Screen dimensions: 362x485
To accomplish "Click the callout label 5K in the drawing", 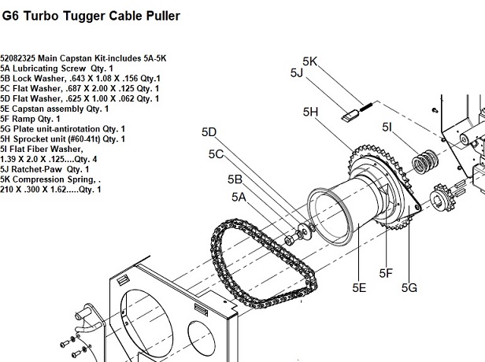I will coord(309,61).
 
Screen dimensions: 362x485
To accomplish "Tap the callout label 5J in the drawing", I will coord(296,73).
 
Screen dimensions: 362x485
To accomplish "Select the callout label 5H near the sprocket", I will coord(309,113).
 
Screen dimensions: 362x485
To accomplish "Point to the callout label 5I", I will coord(387,127).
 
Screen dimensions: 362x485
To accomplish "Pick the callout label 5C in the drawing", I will coord(217,154).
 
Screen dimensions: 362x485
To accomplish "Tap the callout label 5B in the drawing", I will coord(235,179).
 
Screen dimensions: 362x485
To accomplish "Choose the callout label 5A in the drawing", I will coord(239,197).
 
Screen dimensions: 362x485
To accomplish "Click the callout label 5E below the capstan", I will coord(359,287).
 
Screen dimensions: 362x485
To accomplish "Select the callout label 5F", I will coord(385,273).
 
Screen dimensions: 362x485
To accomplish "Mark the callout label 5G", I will coord(409,287).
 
